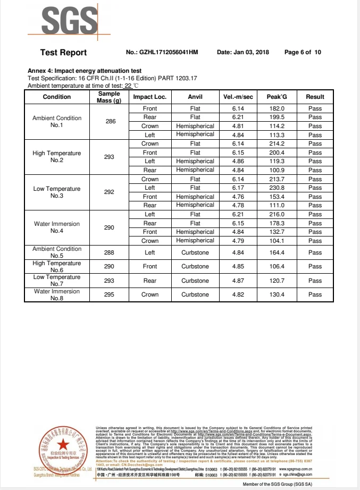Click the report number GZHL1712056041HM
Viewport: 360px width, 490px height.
[x=169, y=52]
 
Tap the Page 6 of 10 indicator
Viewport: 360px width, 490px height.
[x=303, y=52]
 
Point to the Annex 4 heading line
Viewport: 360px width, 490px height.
[x=84, y=71]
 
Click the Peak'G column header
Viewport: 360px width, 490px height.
[x=277, y=97]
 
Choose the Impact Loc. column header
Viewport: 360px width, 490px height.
[x=149, y=97]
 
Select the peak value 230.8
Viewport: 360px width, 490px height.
[x=277, y=188]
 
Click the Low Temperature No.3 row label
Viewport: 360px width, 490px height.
[x=57, y=192]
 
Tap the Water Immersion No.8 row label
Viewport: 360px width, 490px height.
[x=57, y=294]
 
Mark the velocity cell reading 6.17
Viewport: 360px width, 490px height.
[x=238, y=188]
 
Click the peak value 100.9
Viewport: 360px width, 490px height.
[x=277, y=170]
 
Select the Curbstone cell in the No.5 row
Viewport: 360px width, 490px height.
[x=195, y=252]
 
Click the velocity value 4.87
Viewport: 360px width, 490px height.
[x=238, y=281]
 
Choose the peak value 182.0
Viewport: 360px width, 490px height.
[x=277, y=108]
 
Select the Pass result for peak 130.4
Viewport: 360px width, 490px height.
[x=315, y=294]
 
